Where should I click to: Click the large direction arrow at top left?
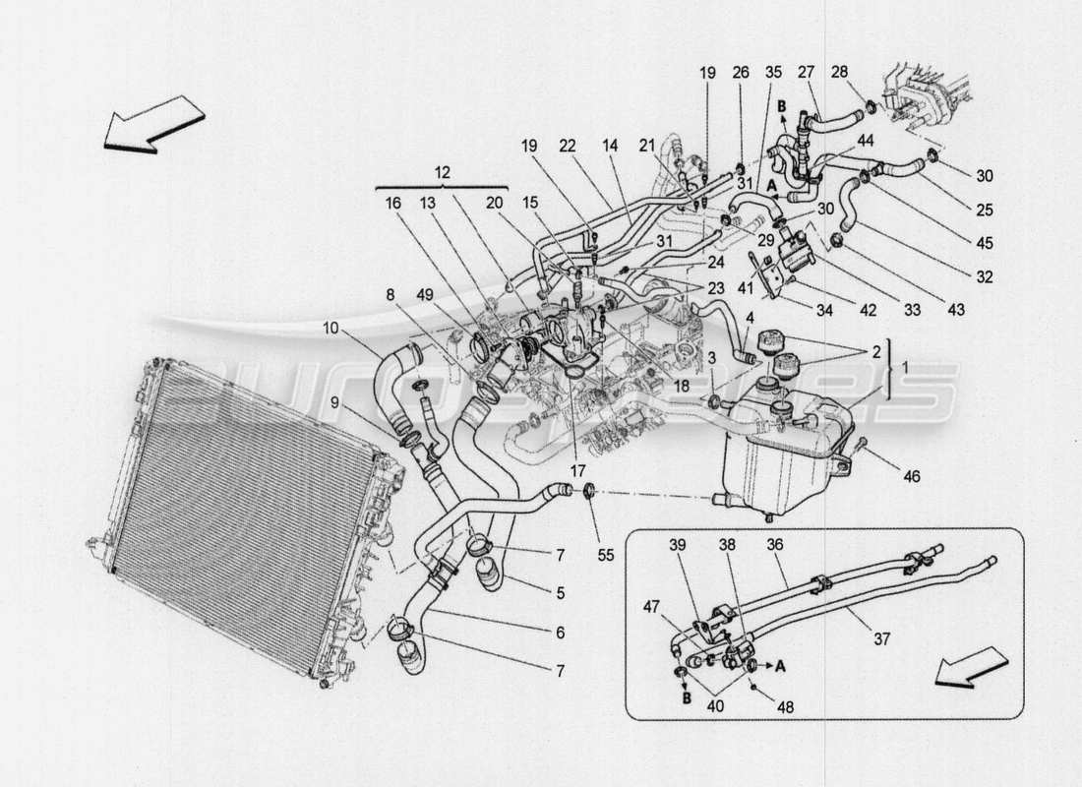154,124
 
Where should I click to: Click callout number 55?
605,555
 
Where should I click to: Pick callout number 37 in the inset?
882,638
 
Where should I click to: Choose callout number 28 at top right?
838,72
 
